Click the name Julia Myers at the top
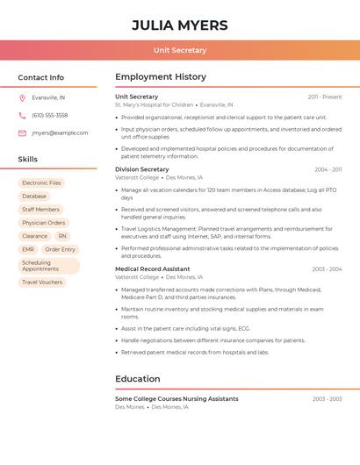click(180, 25)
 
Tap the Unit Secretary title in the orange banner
click(180, 50)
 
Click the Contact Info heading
click(41, 77)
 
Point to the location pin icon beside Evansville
click(22, 97)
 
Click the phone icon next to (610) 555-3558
click(22, 115)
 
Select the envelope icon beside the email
click(22, 133)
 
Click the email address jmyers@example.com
click(60, 133)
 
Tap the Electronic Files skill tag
click(41, 183)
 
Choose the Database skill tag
click(34, 197)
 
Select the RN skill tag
click(62, 236)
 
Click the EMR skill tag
click(28, 249)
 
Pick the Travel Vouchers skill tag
click(42, 282)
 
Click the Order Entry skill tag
click(61, 249)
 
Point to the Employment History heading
click(161, 77)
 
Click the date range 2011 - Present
click(325, 97)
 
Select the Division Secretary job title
click(142, 169)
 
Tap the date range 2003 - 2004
click(327, 269)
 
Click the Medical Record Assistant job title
click(153, 269)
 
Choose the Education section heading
click(138, 379)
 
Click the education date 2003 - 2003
click(327, 399)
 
